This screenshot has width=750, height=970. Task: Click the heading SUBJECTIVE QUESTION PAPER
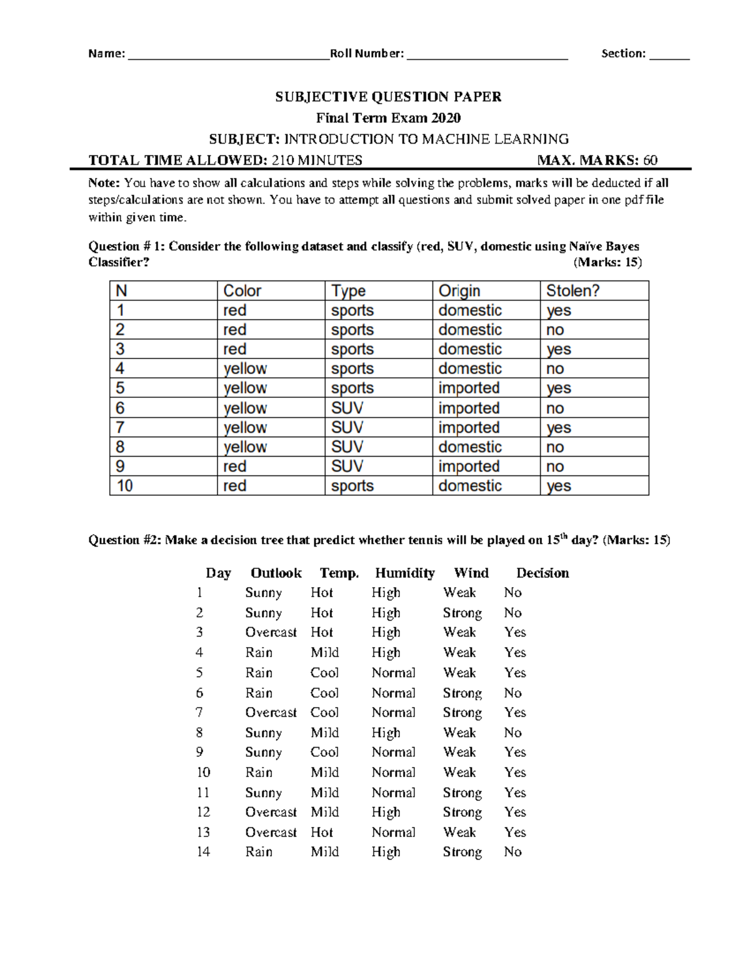[388, 97]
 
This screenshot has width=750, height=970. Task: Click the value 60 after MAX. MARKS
[650, 161]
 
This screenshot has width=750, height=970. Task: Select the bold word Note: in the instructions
[104, 183]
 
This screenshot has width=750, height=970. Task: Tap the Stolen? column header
[572, 291]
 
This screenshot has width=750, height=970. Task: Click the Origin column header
[459, 291]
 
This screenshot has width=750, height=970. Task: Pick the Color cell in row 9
[235, 467]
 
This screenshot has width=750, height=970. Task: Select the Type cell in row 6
[347, 408]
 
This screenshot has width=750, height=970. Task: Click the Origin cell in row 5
[469, 388]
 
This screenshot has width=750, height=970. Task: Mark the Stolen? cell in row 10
[559, 486]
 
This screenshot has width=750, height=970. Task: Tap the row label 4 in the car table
[120, 369]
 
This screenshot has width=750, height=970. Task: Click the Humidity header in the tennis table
[404, 573]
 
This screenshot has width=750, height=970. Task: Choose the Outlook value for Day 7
[271, 713]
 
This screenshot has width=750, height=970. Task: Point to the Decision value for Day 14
[512, 852]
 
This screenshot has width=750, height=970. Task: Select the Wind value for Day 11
[462, 793]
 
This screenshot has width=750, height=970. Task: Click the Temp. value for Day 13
[322, 833]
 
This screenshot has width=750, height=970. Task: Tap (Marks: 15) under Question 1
[607, 262]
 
